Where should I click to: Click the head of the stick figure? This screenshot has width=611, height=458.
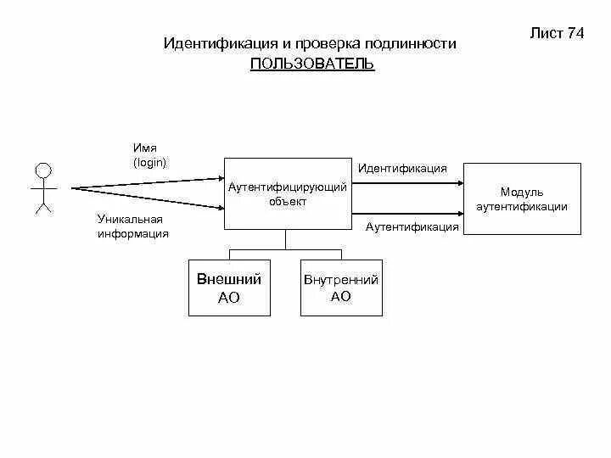[42, 168]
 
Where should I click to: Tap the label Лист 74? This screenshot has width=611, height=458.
[557, 33]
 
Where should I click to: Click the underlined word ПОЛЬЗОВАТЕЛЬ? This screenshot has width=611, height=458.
[312, 64]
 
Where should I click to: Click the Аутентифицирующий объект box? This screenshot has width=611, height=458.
[288, 194]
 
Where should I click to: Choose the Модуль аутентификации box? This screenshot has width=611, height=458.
[522, 199]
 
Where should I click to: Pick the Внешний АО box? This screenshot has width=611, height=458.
[229, 288]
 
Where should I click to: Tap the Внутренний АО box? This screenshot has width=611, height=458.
[340, 288]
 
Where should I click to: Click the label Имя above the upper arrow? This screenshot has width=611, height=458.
[145, 148]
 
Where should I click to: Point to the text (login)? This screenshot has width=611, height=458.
[149, 162]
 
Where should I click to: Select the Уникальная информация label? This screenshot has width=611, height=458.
[133, 226]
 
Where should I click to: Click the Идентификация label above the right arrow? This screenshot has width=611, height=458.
[402, 168]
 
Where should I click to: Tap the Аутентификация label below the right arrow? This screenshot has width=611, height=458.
[412, 226]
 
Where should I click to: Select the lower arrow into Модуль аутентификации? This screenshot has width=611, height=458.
[407, 212]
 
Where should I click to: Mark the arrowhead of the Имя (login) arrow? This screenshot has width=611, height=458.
[218, 178]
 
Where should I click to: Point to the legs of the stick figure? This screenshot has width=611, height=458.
[42, 205]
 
